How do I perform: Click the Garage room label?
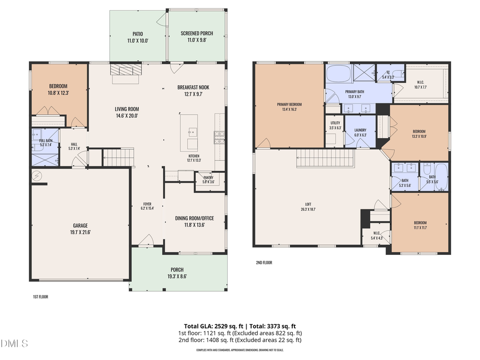point(80,226)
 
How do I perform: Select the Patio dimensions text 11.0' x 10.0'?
point(138,41)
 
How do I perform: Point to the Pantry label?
point(208,178)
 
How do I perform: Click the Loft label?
point(308,204)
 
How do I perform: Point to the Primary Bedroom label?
point(289,104)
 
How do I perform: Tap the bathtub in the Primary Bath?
point(338,73)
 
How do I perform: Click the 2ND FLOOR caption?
point(264,262)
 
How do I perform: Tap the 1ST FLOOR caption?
point(40,296)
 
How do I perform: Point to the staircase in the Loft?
point(325,158)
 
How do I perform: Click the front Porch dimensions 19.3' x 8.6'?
point(177,276)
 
